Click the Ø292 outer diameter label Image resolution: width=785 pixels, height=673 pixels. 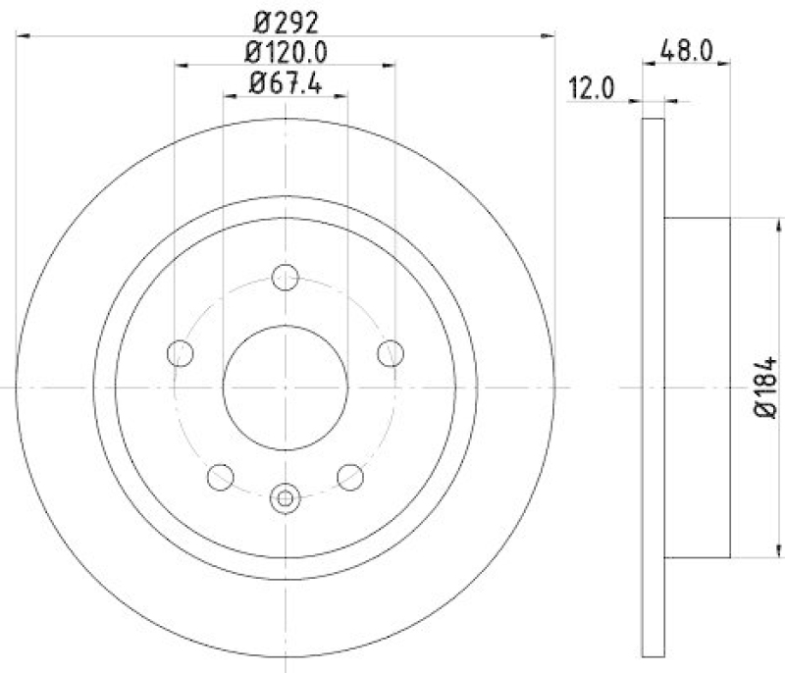pos(285,18)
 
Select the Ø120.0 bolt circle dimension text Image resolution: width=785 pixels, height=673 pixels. pos(285,50)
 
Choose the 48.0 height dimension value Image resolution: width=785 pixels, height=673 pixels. pos(687,47)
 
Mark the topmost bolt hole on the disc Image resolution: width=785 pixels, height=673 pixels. pos(285,278)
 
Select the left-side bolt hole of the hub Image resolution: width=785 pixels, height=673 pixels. pos(180,353)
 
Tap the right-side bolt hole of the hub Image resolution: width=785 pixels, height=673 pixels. pos(391,353)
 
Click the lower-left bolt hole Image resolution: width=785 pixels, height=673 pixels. pos(220,477)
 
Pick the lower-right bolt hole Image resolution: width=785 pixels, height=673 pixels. pos(350,477)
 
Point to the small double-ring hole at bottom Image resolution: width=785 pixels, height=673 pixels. pos(285,498)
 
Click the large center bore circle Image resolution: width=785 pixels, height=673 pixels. pos(285,387)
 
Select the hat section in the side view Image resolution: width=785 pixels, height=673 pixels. pos(697,387)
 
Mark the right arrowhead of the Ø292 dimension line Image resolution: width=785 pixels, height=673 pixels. pos(549,35)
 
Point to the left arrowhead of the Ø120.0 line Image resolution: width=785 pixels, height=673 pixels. pos(180,67)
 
